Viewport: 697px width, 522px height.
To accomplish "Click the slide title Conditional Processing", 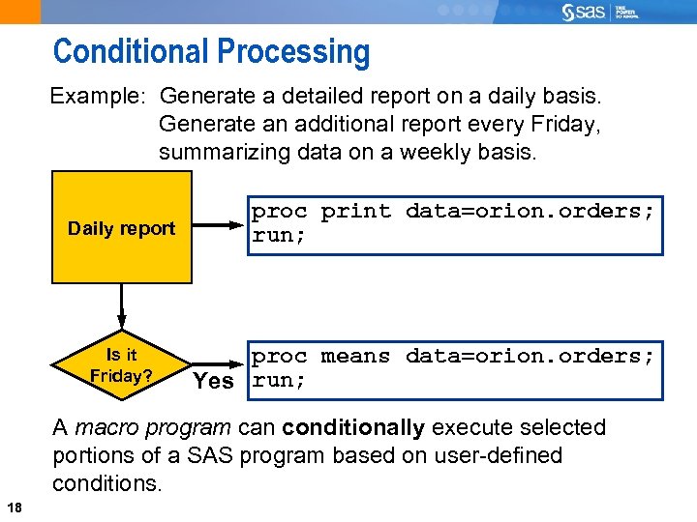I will pos(211,51).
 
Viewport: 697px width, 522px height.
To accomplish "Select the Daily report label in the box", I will pos(121,229).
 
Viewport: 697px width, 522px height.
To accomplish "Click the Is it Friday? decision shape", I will pos(121,365).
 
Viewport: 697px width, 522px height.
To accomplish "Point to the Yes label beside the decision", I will pos(213,381).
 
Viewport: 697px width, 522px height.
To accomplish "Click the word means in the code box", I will pos(355,356).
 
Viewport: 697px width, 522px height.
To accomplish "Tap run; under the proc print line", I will pos(279,235).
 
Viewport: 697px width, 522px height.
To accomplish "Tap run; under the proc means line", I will pos(279,380).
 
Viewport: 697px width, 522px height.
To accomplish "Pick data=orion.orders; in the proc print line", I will pos(530,211).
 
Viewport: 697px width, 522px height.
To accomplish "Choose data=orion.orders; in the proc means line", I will pos(530,356).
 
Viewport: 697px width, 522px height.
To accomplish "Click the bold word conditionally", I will pos(353,427).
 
